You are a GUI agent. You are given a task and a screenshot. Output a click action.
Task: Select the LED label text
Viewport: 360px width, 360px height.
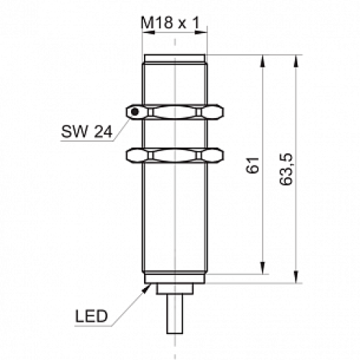[x=91, y=315]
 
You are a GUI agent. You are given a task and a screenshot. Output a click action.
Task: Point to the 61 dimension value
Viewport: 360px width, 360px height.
[x=252, y=168]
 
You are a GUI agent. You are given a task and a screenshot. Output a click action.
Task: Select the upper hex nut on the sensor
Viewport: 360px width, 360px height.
[x=175, y=112]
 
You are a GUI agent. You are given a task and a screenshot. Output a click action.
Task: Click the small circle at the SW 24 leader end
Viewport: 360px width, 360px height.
[x=134, y=112]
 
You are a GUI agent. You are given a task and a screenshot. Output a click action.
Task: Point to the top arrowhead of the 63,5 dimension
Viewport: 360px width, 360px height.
[x=294, y=60]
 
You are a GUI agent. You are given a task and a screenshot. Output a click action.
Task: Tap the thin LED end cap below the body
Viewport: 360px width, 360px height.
[x=176, y=279]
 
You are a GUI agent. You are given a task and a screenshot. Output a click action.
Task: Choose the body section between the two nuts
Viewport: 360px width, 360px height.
[x=176, y=132]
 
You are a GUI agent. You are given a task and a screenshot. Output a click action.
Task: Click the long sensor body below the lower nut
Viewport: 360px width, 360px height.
[x=176, y=216]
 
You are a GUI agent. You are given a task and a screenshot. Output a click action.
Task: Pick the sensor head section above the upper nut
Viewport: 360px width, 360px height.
[x=176, y=79]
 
